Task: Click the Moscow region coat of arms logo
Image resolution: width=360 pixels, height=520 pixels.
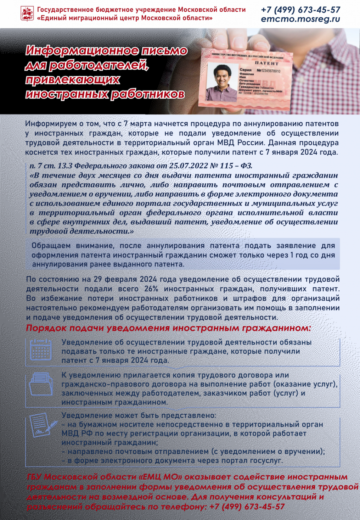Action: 27,13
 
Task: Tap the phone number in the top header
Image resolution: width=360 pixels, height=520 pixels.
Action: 301,10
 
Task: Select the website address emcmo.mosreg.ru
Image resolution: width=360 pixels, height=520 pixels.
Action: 300,19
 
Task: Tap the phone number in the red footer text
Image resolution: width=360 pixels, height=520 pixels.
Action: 247,506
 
